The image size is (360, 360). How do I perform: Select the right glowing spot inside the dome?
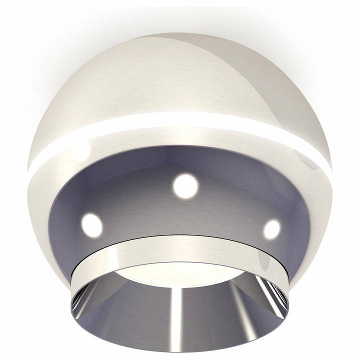pyautogui.click(x=271, y=229)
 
